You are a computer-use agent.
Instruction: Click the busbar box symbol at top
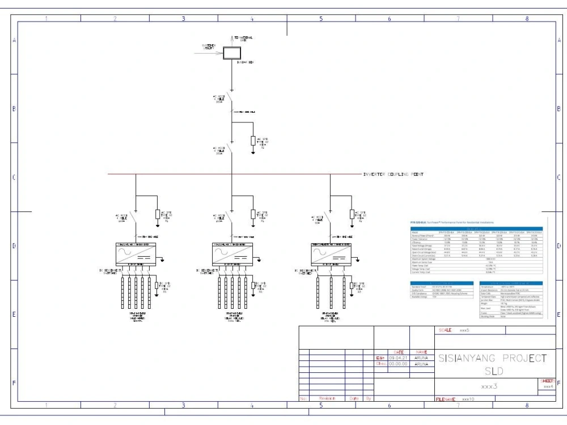(231, 54)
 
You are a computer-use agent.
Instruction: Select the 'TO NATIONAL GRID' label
(243, 39)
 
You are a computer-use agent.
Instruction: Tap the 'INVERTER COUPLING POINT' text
(393, 175)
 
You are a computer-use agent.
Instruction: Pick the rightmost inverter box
(330, 252)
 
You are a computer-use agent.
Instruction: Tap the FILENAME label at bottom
(445, 399)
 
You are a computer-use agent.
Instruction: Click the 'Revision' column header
(328, 398)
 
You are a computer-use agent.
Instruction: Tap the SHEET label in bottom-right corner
(548, 381)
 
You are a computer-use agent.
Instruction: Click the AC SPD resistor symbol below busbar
(253, 141)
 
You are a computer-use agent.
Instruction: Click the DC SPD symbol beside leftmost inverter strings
(157, 284)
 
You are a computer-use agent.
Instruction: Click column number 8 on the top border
(527, 19)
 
